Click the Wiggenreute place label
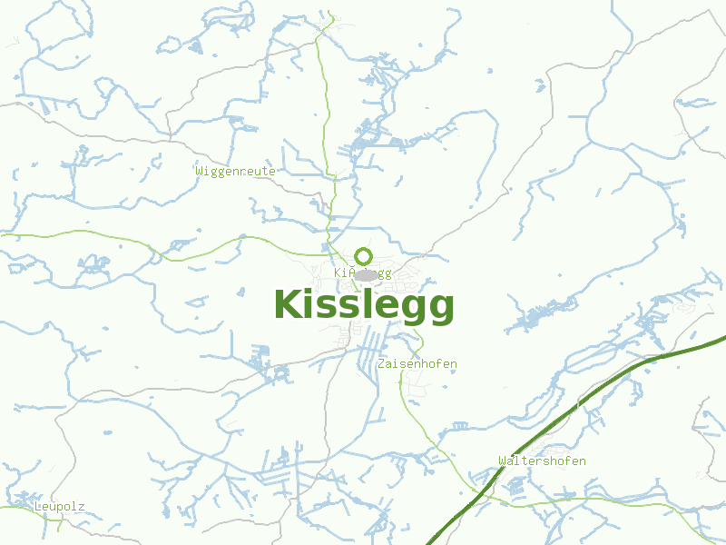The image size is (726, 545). [235, 171]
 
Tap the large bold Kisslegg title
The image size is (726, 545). [363, 305]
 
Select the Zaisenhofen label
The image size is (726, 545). [417, 364]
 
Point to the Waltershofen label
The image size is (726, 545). [542, 461]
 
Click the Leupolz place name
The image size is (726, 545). [59, 506]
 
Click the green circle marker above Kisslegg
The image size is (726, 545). [363, 256]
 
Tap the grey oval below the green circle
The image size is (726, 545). [366, 274]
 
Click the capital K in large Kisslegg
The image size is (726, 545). [289, 305]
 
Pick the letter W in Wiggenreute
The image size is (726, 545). [199, 171]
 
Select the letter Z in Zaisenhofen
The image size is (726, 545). [380, 364]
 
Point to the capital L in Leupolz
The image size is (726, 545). [37, 506]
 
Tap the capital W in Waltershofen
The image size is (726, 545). [502, 461]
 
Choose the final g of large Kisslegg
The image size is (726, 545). [440, 309]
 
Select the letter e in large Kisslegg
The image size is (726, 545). [384, 307]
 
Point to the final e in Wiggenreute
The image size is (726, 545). [271, 171]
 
